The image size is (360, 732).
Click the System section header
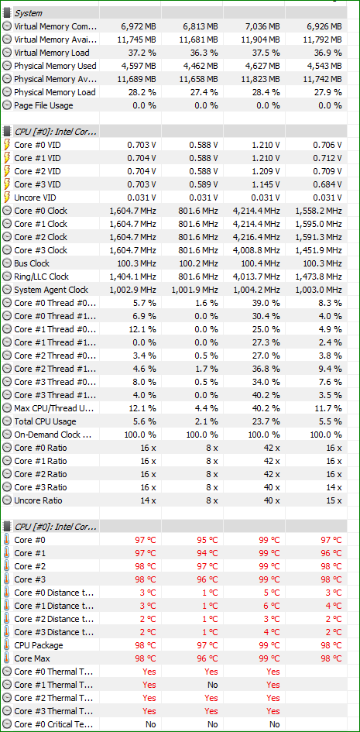[28, 13]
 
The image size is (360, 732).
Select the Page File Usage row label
[43, 105]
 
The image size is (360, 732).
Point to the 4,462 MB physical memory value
[201, 66]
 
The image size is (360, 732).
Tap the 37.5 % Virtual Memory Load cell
[266, 53]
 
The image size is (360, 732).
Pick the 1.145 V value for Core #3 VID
[266, 184]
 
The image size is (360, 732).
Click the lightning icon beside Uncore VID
[7, 198]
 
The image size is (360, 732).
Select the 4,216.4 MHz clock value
[256, 237]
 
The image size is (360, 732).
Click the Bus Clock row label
[32, 263]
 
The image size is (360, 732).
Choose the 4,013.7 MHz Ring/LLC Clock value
[256, 277]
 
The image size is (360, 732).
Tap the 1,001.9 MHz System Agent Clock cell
[194, 290]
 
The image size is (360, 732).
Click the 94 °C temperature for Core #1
[207, 553]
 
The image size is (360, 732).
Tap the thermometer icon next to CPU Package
[6, 645]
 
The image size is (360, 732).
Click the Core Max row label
[33, 658]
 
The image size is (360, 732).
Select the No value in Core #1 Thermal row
[213, 685]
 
